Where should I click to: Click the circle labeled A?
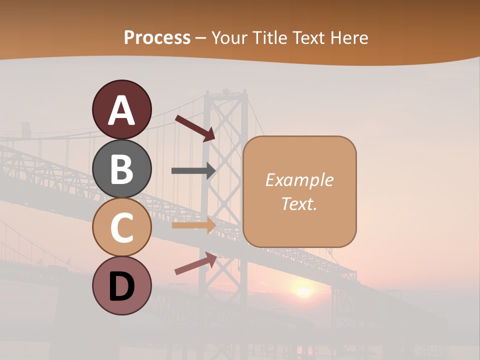tap(121, 109)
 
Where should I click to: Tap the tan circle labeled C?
tap(121, 227)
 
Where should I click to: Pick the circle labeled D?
tap(121, 285)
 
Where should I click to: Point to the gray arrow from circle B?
tap(193, 170)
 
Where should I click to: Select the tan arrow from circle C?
tap(193, 225)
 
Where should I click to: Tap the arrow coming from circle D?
tap(195, 263)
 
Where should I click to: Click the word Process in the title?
tap(157, 37)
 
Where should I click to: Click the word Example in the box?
tap(299, 180)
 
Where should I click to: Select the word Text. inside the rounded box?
tap(299, 203)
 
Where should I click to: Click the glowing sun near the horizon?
tap(303, 291)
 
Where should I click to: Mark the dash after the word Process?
tap(201, 38)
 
